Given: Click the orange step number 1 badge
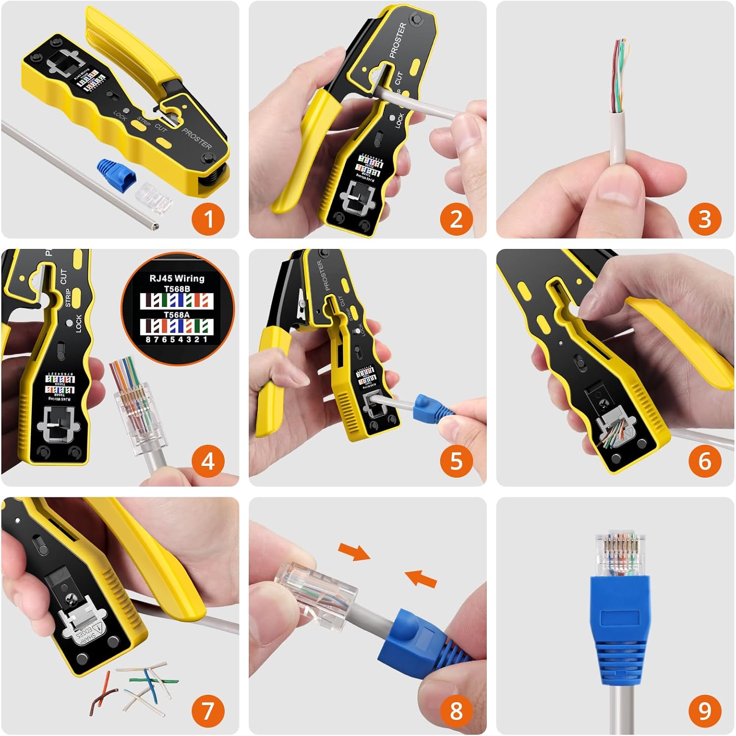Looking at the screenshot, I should point(209,218).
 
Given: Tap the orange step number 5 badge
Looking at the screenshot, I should point(456,461).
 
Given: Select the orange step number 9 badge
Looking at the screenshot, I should point(705,710).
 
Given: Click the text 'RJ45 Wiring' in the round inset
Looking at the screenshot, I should point(177,278).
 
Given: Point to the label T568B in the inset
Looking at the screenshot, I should point(177,289).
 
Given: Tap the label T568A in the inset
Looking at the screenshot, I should point(177,314).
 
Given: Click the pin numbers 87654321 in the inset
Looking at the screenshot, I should point(177,339).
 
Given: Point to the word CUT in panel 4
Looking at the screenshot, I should point(63,276).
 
